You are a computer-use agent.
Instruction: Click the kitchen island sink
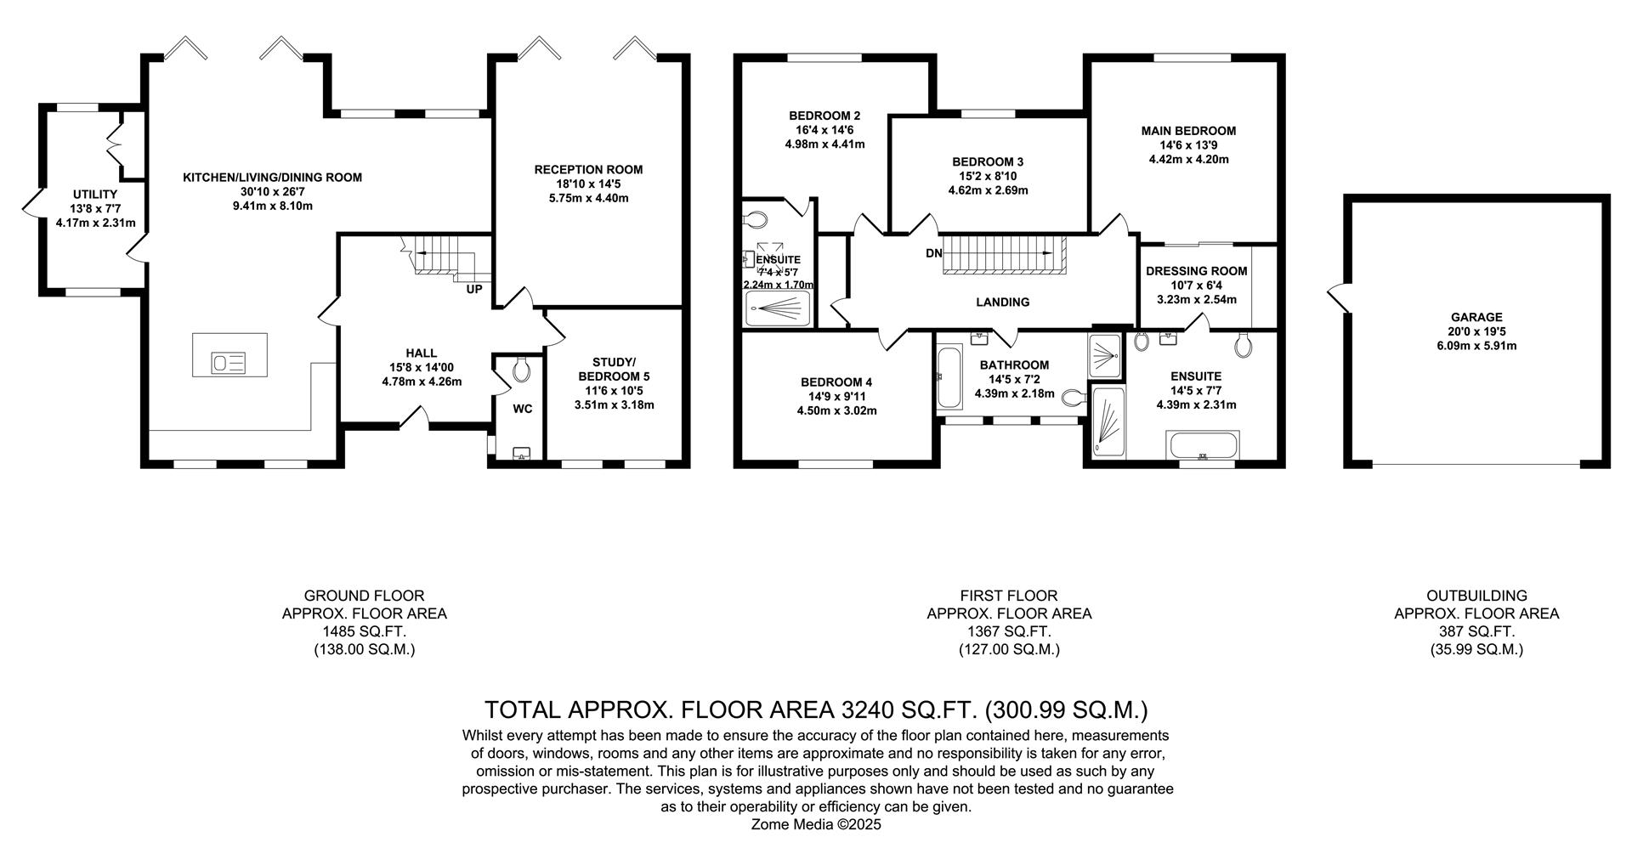click(x=229, y=364)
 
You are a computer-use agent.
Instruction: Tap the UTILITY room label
click(x=95, y=195)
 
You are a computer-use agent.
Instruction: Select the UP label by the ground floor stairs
click(x=473, y=290)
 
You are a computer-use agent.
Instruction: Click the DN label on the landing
click(x=933, y=253)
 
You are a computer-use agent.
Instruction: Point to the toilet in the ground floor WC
click(x=521, y=369)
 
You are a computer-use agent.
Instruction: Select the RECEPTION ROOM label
click(x=588, y=170)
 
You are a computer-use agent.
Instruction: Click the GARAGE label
click(x=1476, y=317)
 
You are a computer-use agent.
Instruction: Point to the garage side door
click(x=1337, y=297)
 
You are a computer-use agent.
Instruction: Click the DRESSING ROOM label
click(x=1196, y=271)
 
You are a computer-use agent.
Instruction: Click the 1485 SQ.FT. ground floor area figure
click(x=364, y=631)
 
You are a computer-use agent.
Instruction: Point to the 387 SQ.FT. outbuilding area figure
click(x=1476, y=631)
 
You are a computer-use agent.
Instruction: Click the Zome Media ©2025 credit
click(x=816, y=824)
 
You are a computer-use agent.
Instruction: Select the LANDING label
click(x=1002, y=302)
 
